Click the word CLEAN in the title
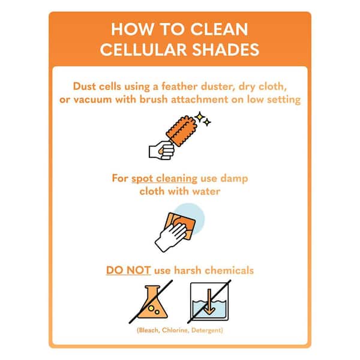[x=219, y=29]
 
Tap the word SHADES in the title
[x=226, y=50]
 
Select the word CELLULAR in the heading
[x=143, y=50]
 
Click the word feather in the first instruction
[x=179, y=86]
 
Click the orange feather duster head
[x=182, y=131]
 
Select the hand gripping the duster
[x=161, y=150]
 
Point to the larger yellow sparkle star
[x=200, y=116]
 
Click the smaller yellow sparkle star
[x=207, y=122]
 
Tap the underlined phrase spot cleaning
[x=164, y=178]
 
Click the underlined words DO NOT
[x=128, y=270]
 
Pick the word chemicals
[x=229, y=270]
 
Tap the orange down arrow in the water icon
[x=209, y=302]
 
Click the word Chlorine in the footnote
[x=175, y=330]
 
